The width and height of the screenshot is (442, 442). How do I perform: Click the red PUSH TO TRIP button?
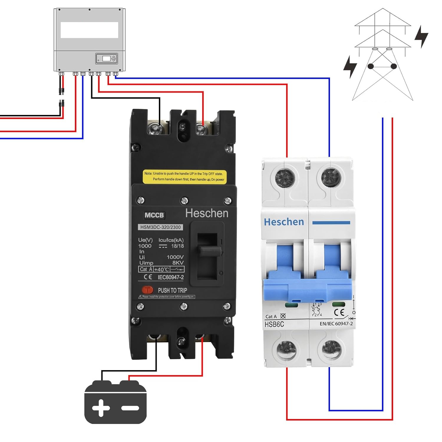click(147, 290)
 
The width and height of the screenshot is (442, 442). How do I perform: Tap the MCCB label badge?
click(154, 215)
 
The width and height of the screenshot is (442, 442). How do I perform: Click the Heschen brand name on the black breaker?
click(207, 213)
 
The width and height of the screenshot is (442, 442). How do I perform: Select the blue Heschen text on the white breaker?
click(284, 222)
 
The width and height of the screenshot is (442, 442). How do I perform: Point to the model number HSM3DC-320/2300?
click(160, 227)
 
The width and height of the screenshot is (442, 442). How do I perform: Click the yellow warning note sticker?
click(184, 177)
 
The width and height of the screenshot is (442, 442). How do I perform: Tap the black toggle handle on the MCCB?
click(209, 251)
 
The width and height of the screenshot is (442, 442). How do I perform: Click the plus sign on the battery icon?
click(101, 408)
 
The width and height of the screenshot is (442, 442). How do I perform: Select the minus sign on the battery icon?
click(130, 408)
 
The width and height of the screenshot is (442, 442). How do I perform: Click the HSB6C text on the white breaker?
click(274, 324)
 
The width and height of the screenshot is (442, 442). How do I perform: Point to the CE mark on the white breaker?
click(339, 313)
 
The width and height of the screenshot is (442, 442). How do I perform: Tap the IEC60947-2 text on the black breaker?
click(171, 277)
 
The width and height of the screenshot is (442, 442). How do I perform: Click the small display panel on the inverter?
click(106, 58)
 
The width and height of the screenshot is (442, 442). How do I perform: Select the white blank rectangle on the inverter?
click(89, 30)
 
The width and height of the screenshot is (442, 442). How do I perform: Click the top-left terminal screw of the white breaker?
click(285, 178)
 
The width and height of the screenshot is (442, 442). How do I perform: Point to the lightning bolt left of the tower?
click(350, 66)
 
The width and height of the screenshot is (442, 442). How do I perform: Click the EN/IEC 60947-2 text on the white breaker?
click(336, 324)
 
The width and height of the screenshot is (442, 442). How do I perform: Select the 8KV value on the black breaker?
click(178, 263)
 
